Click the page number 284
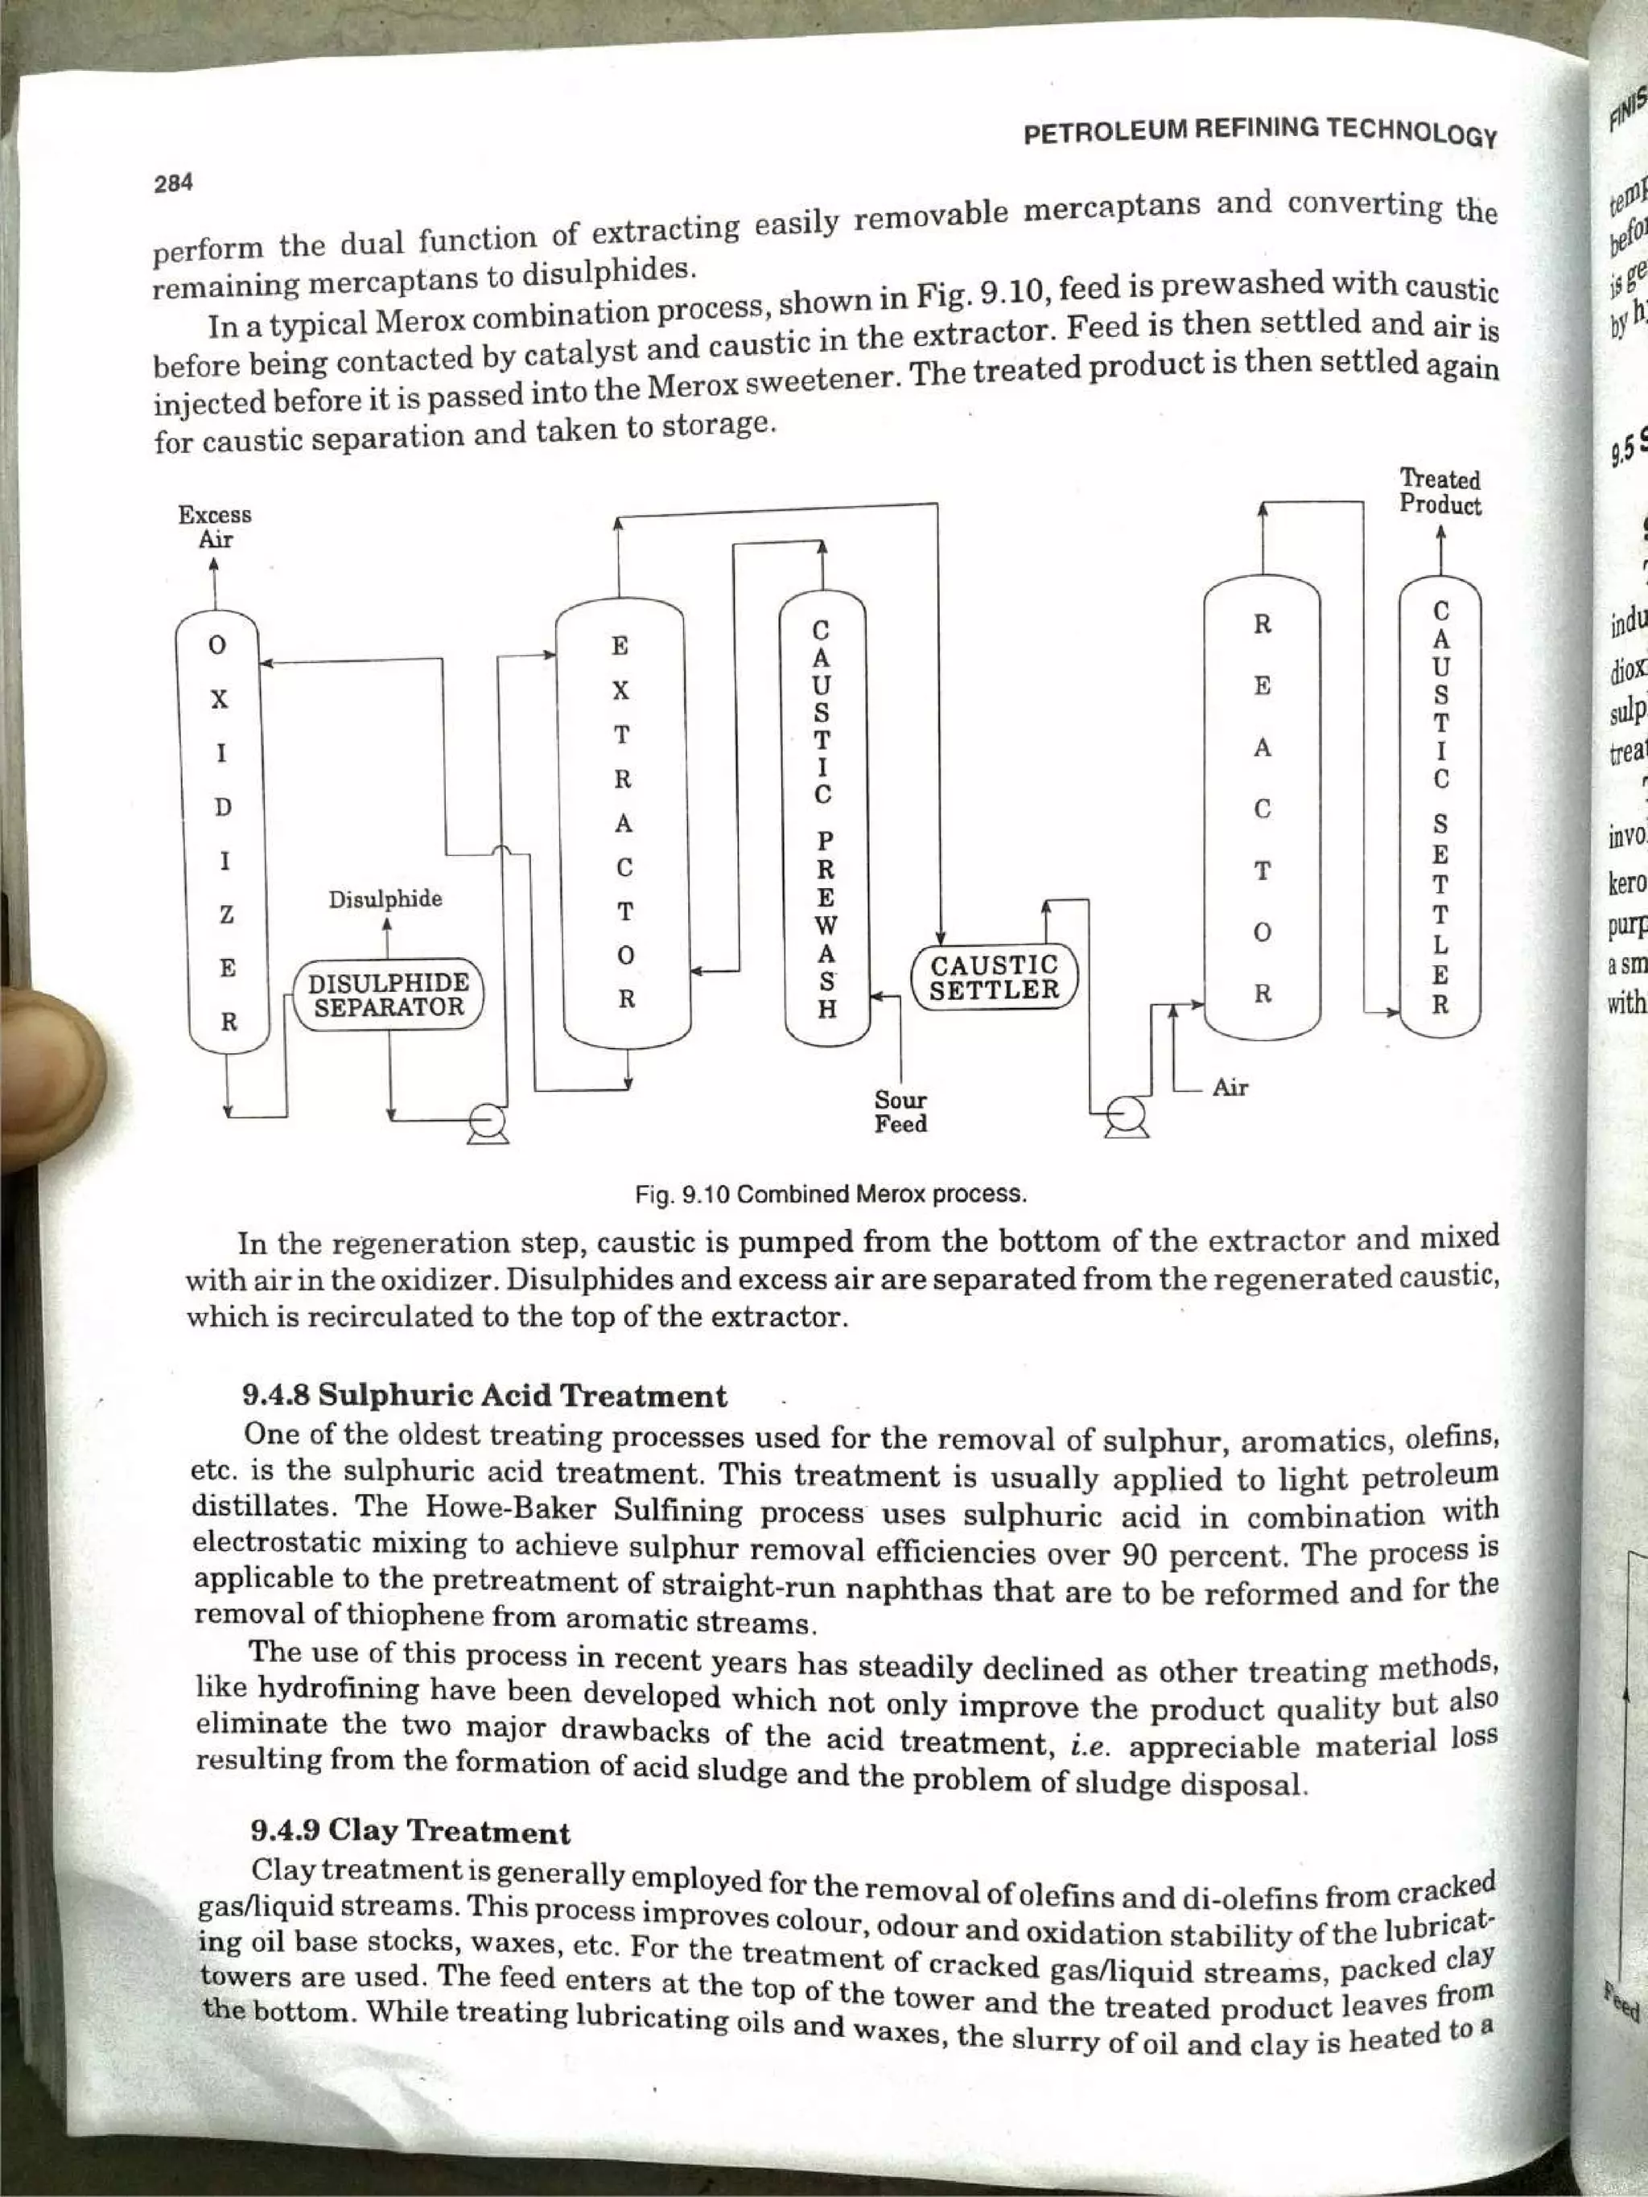coord(173,183)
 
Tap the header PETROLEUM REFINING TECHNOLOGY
coord(1259,131)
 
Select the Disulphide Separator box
coord(389,995)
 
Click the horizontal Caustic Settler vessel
coord(993,977)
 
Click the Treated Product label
coord(1440,492)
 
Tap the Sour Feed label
coord(900,1112)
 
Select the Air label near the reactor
coord(1230,1088)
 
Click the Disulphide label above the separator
coord(385,899)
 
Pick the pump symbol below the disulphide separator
coord(488,1123)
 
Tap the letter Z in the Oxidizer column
coord(226,915)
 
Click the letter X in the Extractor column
coord(620,690)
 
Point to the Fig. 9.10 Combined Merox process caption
coord(830,1193)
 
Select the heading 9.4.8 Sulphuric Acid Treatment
coord(484,1397)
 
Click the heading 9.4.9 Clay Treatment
coord(411,1832)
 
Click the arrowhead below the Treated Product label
coord(1440,537)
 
